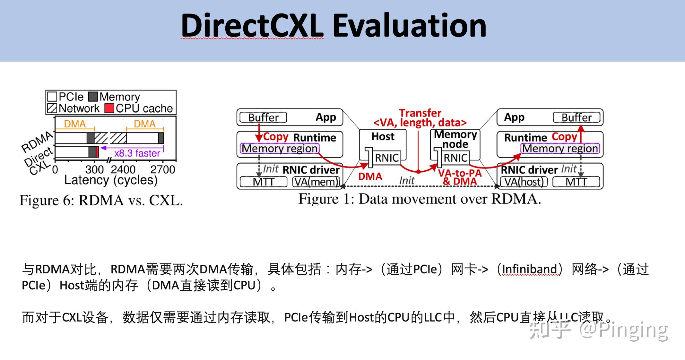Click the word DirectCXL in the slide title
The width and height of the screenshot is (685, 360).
coord(252,26)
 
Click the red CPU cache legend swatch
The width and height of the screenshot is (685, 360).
coord(109,108)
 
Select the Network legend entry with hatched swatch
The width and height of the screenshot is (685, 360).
coord(74,108)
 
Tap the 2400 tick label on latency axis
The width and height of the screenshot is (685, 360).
coord(123,169)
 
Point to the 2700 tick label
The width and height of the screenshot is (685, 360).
coord(163,169)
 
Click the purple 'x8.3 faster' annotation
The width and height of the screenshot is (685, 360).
coord(137,153)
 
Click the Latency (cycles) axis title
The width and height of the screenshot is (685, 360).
coord(111,180)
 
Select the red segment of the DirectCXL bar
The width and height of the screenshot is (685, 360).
coord(97,152)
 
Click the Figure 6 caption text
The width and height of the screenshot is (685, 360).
coord(101,201)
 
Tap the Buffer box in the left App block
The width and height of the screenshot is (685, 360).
coord(263,117)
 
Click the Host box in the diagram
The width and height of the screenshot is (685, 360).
coord(383,137)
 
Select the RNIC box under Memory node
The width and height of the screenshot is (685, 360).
coord(455,158)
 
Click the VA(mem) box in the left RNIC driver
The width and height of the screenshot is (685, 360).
coord(316,182)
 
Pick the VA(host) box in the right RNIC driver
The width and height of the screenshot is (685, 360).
coord(524,182)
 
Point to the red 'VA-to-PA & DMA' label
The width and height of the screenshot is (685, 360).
coord(460,177)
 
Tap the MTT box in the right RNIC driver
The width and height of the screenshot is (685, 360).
coord(576,182)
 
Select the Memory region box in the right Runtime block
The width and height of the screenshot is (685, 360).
coord(560,149)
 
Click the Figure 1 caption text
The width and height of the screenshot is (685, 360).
coord(420,199)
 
